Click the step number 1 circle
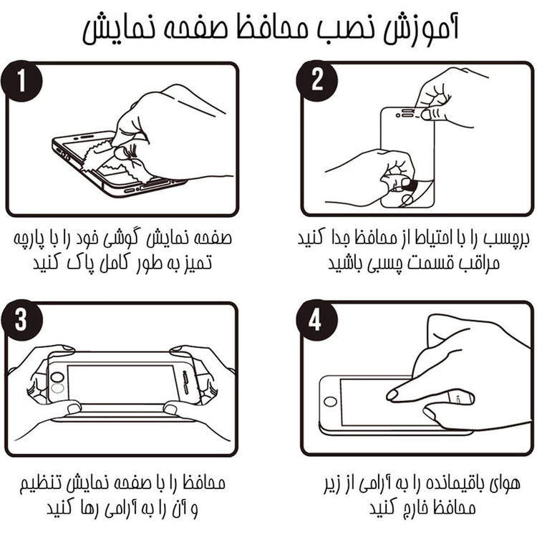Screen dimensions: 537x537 point(21,81)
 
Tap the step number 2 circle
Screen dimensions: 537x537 point(316,81)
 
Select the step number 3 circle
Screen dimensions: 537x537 point(21,320)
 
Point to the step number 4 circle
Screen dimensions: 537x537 point(316,320)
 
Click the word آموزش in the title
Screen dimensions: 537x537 point(420,29)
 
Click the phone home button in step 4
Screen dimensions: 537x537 point(330,402)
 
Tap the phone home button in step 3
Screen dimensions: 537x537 point(57,377)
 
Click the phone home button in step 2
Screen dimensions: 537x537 point(407,199)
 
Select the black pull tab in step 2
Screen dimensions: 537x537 point(407,184)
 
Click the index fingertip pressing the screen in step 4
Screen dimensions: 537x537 point(392,395)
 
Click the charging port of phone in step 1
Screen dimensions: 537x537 point(153,185)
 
